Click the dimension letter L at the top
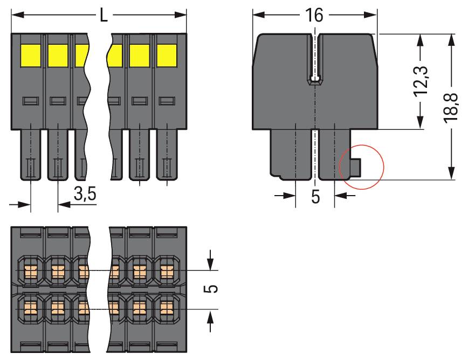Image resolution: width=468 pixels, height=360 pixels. tap(104, 15)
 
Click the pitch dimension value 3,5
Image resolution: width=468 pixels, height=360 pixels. tap(84, 195)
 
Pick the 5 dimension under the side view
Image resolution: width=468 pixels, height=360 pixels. tap(315, 196)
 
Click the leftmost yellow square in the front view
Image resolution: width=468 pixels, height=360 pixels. tap(31, 54)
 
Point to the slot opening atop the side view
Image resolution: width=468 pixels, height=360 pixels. tap(314, 59)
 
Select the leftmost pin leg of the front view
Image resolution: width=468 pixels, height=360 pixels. tap(31, 156)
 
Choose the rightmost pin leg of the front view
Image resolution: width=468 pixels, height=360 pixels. tap(167, 156)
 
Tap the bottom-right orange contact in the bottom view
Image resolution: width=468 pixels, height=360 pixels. tap(168, 308)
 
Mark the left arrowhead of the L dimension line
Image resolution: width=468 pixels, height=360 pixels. tap(16, 15)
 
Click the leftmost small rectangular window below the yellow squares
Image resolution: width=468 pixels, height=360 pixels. tap(30, 101)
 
